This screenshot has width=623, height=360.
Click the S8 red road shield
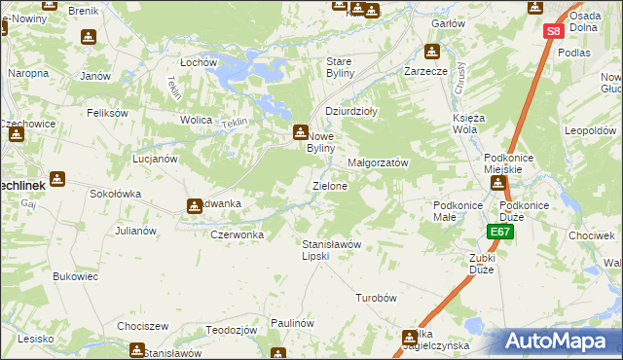click(x=553, y=31)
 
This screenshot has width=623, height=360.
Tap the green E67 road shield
click(x=500, y=232)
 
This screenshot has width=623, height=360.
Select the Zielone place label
click(x=329, y=185)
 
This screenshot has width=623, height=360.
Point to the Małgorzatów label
click(x=378, y=162)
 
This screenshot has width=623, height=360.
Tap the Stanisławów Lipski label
click(x=331, y=249)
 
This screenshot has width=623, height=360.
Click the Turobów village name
click(x=379, y=298)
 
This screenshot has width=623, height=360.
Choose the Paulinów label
click(x=292, y=323)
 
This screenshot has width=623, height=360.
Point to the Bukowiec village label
click(x=76, y=276)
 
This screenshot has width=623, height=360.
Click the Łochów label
click(x=198, y=62)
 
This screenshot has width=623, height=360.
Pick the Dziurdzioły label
click(x=351, y=111)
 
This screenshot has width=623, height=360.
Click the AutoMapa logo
click(x=559, y=341)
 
